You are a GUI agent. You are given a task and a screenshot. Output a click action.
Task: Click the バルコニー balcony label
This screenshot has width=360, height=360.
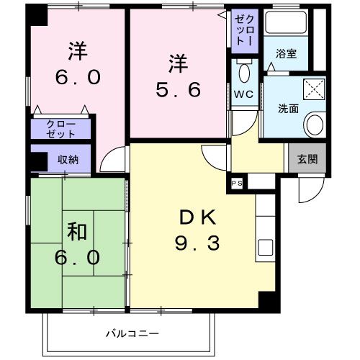131,333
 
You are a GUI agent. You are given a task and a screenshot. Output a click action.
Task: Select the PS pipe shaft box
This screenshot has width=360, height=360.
236,183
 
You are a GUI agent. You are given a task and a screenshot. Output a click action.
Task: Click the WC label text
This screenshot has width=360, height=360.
242,93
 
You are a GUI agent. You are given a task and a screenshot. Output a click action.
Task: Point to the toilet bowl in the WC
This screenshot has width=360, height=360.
243,71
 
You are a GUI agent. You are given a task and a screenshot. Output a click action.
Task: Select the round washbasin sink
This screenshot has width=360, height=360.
314,125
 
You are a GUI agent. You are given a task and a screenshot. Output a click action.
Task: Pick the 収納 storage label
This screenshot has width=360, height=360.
70,159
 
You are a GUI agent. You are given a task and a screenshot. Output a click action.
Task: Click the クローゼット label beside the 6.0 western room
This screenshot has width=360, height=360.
61,129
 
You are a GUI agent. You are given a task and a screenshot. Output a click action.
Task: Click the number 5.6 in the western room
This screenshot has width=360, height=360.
178,91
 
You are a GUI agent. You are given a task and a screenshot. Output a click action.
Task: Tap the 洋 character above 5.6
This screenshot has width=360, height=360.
178,63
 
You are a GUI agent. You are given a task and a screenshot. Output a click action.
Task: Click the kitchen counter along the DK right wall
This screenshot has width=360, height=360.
265,230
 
